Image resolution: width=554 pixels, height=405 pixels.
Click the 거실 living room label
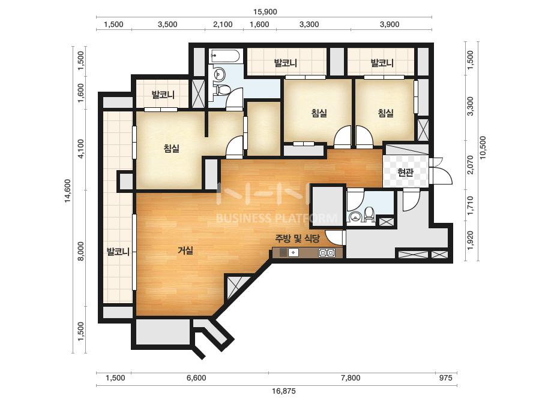(185, 250)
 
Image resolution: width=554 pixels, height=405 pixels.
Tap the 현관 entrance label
(405, 172)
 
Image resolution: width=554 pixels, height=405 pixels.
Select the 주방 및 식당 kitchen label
(298, 239)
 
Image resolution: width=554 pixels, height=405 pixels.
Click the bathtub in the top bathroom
(226, 56)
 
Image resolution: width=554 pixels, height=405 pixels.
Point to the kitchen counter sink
(293, 253)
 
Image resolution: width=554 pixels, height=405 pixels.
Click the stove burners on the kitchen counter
(327, 253)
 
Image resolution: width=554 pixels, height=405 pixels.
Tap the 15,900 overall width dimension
(265, 11)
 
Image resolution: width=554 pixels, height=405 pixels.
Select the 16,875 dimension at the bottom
(284, 391)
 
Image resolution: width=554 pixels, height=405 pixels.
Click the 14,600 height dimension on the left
(68, 191)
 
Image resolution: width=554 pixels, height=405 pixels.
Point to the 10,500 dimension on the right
(483, 147)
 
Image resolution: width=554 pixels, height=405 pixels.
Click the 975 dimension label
(445, 378)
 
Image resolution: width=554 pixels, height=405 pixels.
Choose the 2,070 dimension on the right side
(470, 165)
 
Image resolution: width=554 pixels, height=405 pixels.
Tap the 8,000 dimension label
(81, 251)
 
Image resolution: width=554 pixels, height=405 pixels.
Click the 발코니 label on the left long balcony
(118, 252)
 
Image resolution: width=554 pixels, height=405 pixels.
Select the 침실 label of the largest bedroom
(172, 148)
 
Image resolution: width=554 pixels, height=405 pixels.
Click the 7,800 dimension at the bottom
(351, 378)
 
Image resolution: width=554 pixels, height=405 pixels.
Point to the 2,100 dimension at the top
(223, 25)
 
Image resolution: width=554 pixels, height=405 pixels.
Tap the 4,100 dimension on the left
(81, 149)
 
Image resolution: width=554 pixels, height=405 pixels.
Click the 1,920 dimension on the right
(470, 240)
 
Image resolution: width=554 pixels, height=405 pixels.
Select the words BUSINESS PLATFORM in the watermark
(276, 218)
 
